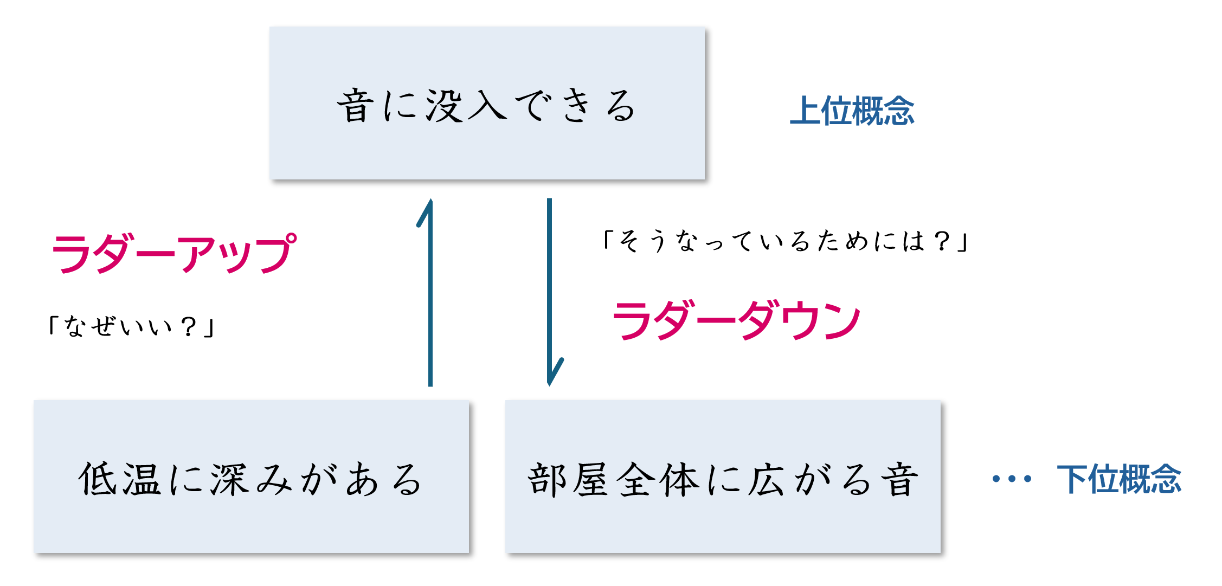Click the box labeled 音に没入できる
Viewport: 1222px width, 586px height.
pyautogui.click(x=487, y=103)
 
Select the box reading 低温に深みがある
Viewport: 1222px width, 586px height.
pyautogui.click(x=251, y=477)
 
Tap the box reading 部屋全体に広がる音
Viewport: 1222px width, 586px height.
pyautogui.click(x=723, y=477)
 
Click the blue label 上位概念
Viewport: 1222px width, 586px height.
pyautogui.click(x=852, y=111)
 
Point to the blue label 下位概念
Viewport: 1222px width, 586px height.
pyautogui.click(x=1119, y=479)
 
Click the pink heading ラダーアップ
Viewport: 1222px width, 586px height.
pyautogui.click(x=173, y=254)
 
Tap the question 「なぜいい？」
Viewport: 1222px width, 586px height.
pyautogui.click(x=132, y=326)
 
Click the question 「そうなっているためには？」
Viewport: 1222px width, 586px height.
pyautogui.click(x=786, y=241)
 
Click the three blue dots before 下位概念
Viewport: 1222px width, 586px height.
pyautogui.click(x=1012, y=479)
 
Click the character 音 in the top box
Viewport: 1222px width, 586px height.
pyautogui.click(x=356, y=106)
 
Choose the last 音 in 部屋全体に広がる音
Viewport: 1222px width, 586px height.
pyautogui.click(x=899, y=479)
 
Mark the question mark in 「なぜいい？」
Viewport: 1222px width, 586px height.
pyautogui.click(x=189, y=326)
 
